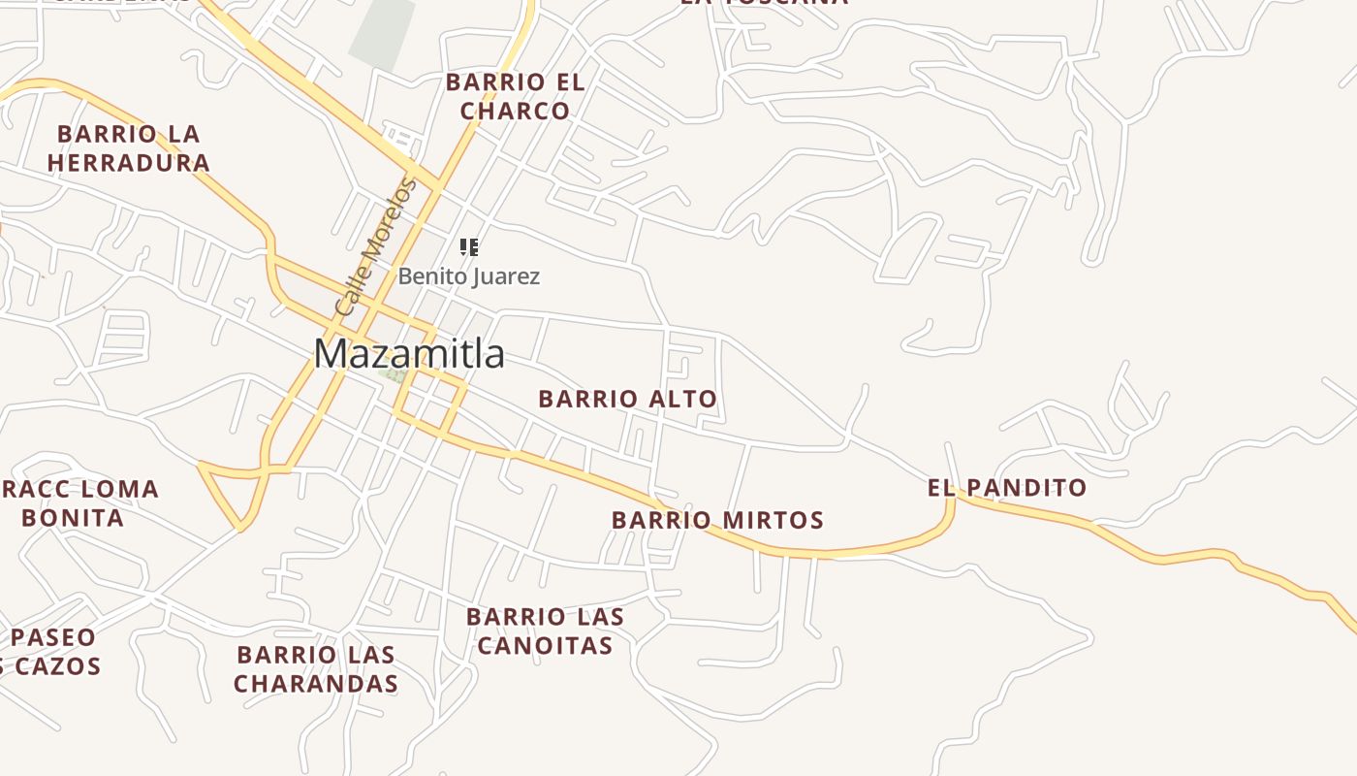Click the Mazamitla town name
point(408,354)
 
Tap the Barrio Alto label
point(627,399)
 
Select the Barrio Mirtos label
point(717,521)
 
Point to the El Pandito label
point(1007,488)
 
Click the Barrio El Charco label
point(515,96)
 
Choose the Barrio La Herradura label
point(129,148)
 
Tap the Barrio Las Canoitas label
point(545,630)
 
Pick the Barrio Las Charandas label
point(316,669)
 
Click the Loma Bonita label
point(78,502)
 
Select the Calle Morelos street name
point(374,247)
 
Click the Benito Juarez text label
point(469,276)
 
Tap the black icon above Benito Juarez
point(469,247)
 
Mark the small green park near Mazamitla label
point(394,374)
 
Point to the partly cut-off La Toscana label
point(764,3)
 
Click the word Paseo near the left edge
point(53,637)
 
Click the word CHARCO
point(515,111)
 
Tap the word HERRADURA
point(129,163)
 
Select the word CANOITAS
point(545,645)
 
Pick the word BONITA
point(73,518)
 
